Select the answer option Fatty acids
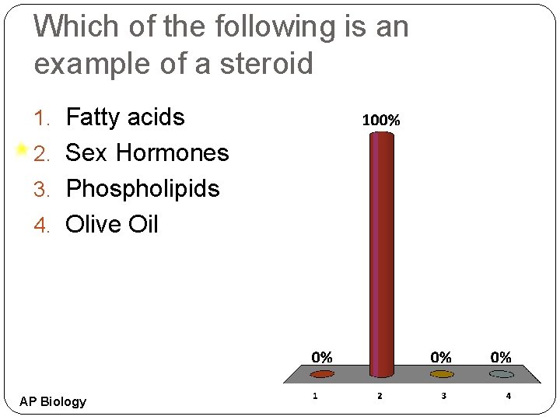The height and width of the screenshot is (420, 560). [125, 117]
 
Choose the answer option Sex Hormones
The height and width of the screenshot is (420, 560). [147, 153]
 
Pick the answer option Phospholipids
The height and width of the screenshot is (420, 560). [142, 189]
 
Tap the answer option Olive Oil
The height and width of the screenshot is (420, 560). [112, 225]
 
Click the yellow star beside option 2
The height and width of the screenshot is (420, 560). [22, 149]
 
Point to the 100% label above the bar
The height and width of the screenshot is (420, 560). [381, 121]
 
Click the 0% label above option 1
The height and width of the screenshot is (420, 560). [322, 358]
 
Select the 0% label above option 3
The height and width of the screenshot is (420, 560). [441, 358]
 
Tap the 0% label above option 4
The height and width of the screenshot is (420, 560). [501, 358]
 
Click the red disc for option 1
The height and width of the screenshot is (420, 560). [322, 374]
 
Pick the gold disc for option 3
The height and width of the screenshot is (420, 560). [441, 374]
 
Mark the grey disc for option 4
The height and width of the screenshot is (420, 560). [501, 374]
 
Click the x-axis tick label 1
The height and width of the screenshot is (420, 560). [314, 396]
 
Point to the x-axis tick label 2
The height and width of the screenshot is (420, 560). [379, 396]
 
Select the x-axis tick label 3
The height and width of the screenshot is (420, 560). [443, 396]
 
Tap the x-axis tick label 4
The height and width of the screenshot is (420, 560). [508, 396]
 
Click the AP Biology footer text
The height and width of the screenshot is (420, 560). [53, 401]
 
